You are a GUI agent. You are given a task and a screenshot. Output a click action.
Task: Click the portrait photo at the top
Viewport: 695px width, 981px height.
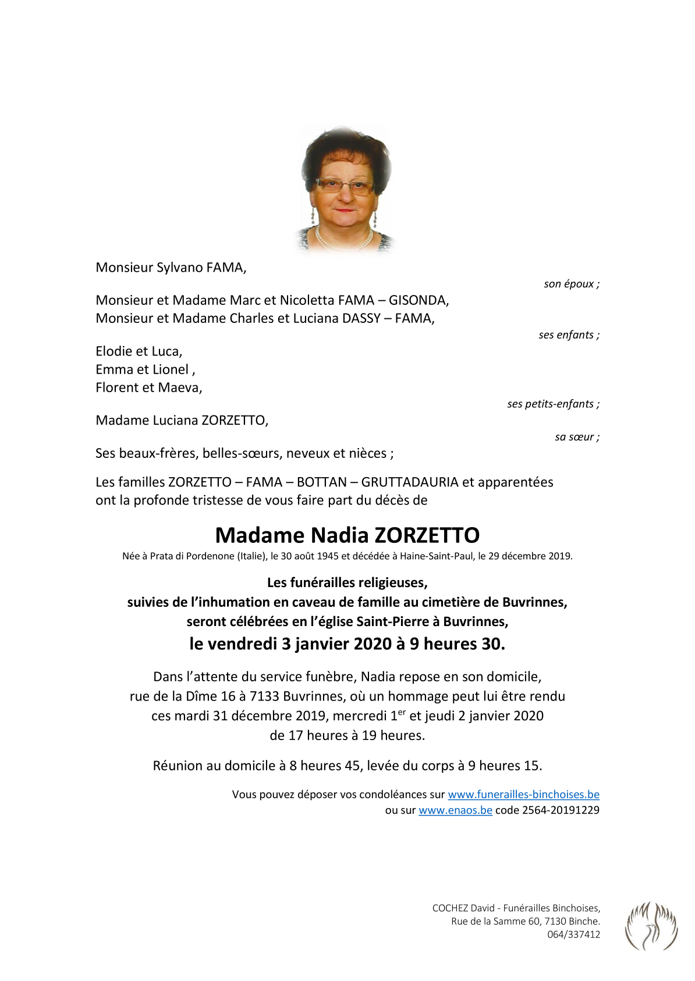pos(346,190)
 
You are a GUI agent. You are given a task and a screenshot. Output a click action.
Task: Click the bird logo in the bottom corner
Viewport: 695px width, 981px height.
pos(651,925)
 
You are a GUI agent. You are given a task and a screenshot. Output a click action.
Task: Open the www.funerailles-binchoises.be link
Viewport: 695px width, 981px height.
pos(523,794)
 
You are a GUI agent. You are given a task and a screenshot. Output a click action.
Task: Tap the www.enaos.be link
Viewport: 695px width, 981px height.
pos(455,810)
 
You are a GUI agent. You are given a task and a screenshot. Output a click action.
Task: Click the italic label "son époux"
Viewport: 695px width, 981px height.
pos(571,284)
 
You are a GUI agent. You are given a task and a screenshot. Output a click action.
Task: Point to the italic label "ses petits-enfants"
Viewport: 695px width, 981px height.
pos(553,404)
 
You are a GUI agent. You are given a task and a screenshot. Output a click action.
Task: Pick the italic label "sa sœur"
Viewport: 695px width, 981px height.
pos(577,437)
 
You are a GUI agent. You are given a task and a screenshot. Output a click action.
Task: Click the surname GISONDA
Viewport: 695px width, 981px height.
pos(418,300)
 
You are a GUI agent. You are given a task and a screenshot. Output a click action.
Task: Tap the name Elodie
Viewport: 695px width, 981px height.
pos(114,351)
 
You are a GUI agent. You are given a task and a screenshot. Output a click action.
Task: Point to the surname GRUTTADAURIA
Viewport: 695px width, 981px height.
pos(409,482)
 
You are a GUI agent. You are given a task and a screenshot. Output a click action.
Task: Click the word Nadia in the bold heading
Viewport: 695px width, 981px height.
pos(339,535)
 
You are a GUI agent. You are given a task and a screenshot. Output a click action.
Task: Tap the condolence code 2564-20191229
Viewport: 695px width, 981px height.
pos(561,810)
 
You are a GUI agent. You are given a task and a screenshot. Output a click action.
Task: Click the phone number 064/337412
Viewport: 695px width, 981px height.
pos(573,934)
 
